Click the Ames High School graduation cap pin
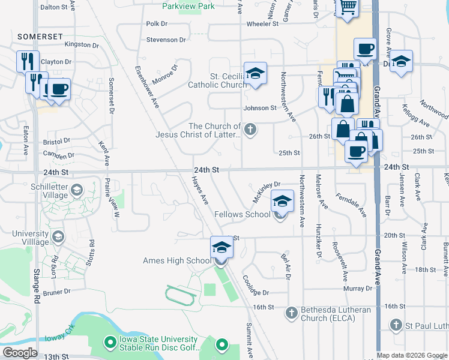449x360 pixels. click(221, 248)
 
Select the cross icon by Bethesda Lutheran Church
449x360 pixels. click(291, 312)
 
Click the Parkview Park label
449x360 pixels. click(188, 6)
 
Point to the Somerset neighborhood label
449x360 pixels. click(40, 37)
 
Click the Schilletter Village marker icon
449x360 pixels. click(76, 191)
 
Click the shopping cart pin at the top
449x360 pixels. click(348, 7)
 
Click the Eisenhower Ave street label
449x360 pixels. click(147, 87)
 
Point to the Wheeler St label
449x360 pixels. click(262, 24)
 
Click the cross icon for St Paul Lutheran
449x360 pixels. click(395, 326)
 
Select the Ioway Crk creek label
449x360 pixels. click(59, 337)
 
